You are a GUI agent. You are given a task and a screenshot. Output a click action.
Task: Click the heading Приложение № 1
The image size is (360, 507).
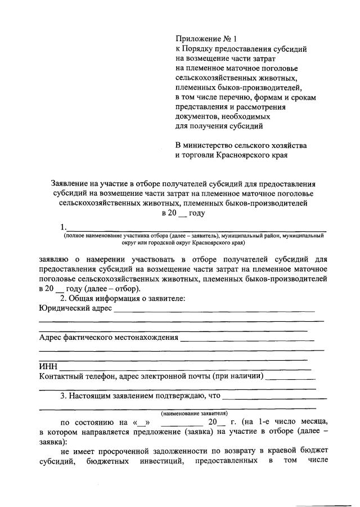click(x=206, y=39)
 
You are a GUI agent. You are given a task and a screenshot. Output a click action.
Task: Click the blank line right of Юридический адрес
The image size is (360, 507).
click(x=214, y=309)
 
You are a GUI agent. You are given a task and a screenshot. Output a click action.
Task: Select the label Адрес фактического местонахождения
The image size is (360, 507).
click(x=109, y=338)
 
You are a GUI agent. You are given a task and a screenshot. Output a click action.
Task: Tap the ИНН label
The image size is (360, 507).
click(x=48, y=366)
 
